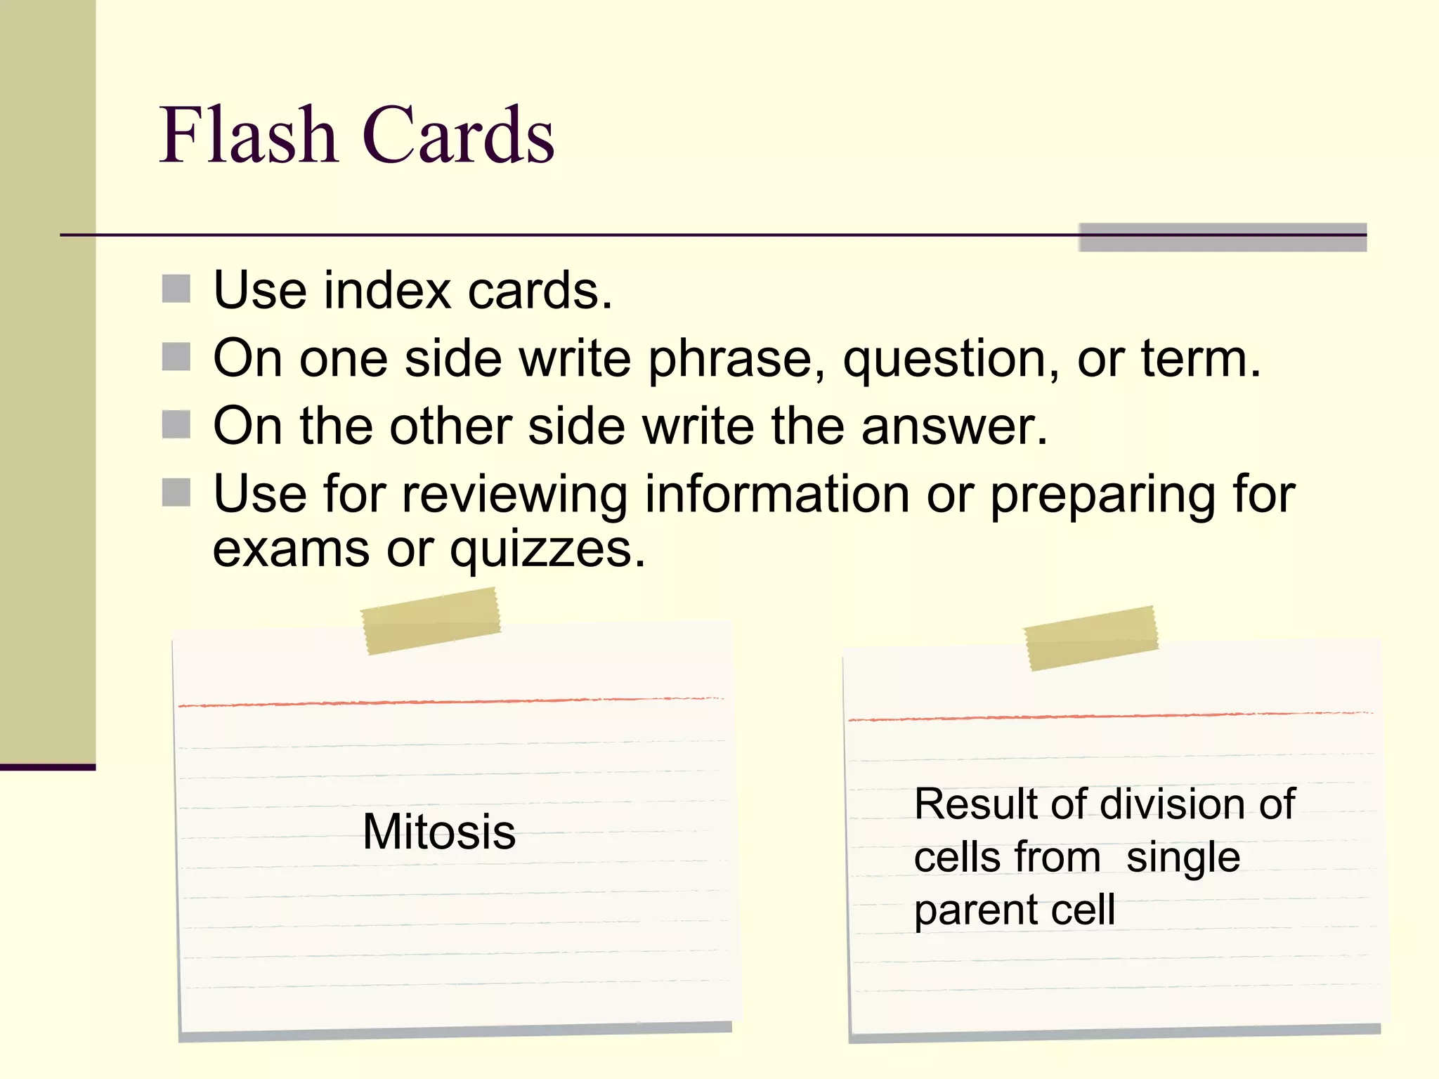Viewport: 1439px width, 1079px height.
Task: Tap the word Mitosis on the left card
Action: [x=439, y=832]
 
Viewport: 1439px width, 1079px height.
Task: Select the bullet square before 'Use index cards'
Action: [x=176, y=289]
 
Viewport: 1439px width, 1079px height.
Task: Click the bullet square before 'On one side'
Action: [x=176, y=357]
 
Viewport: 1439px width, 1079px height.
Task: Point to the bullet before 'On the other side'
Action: [x=176, y=424]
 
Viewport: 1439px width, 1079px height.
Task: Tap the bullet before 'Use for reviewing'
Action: [x=176, y=492]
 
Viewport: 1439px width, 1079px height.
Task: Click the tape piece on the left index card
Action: [x=431, y=621]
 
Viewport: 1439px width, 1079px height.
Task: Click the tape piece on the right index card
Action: [x=1091, y=638]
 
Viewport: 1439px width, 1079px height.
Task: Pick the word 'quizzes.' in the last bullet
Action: [x=547, y=551]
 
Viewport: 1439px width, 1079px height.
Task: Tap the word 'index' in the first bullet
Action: [x=386, y=290]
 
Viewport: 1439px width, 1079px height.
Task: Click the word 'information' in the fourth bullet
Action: [x=777, y=494]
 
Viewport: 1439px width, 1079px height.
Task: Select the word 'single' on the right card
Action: [x=1183, y=858]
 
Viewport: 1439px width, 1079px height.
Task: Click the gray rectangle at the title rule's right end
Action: [x=1223, y=237]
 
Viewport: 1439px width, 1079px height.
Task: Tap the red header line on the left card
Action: [x=450, y=702]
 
